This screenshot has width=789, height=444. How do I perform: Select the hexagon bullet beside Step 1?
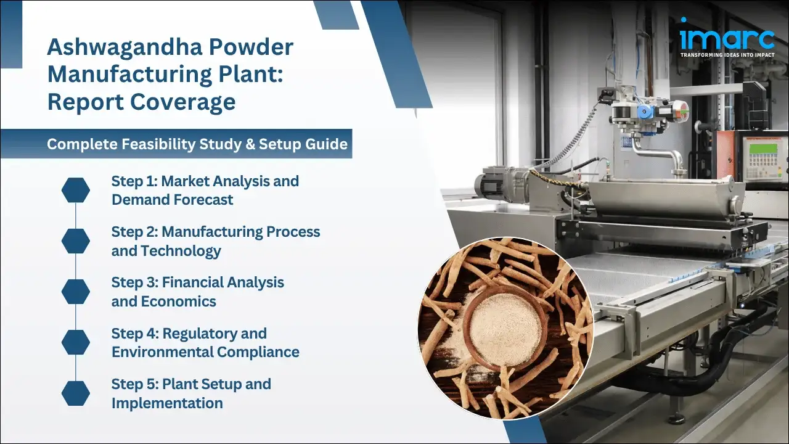click(76, 191)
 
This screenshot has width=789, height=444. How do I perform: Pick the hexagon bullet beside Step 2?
click(76, 241)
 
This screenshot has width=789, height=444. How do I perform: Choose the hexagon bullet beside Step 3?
click(76, 292)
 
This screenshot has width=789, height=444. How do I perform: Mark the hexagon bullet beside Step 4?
click(76, 343)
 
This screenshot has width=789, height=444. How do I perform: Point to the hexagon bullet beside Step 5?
click(76, 393)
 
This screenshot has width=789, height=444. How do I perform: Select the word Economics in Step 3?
click(179, 302)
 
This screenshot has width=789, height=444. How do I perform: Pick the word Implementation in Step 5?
click(167, 403)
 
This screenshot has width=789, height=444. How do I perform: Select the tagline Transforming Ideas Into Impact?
click(727, 55)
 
